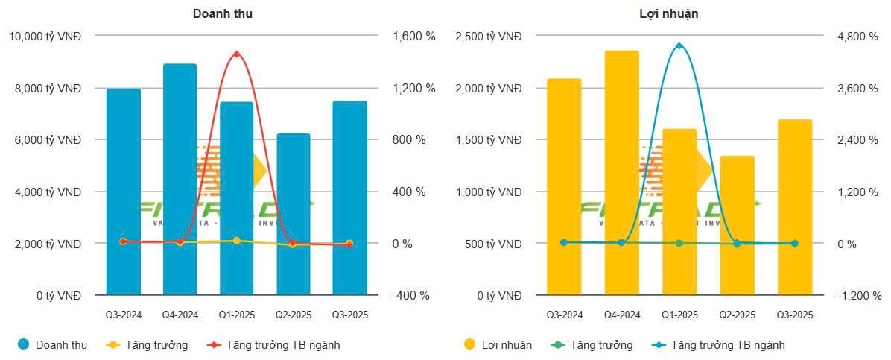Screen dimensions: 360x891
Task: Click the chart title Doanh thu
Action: (222, 13)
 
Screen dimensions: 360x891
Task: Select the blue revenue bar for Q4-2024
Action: (180, 179)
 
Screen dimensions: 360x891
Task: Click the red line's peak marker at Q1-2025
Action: (236, 54)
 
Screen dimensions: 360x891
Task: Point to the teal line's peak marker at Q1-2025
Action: (679, 46)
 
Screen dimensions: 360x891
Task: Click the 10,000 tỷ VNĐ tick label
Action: (45, 36)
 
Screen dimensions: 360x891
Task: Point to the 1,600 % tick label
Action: (410, 36)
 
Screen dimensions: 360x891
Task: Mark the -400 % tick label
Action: (410, 295)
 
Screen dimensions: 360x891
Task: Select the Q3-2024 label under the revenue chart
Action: (124, 315)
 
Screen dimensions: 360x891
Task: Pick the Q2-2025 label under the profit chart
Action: (737, 315)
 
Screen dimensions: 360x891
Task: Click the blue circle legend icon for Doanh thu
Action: (23, 344)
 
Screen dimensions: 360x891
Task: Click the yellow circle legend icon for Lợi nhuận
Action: (469, 344)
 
